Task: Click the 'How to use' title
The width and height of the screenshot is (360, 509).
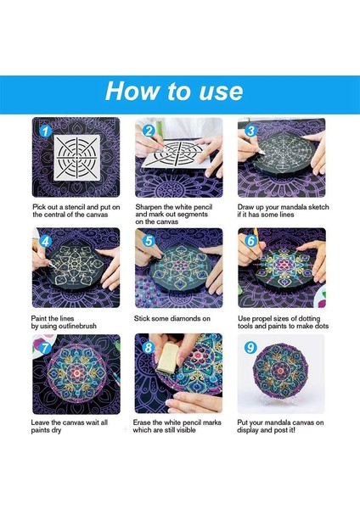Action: point(180,91)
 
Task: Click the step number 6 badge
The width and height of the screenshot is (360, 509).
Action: point(253,241)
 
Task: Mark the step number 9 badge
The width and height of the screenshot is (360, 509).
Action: point(253,348)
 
